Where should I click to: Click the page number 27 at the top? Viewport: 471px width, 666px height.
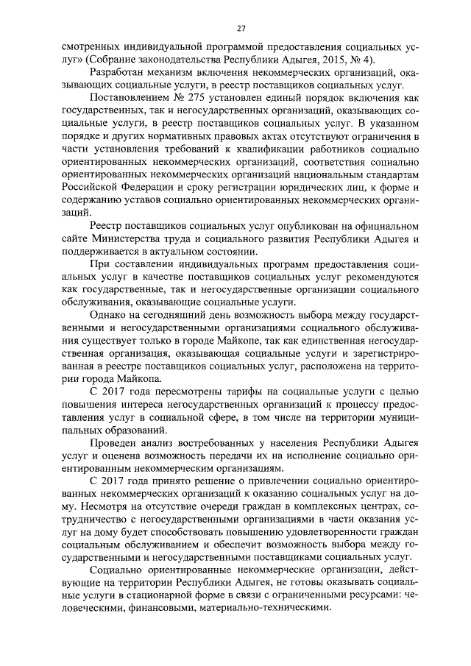click(x=241, y=29)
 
